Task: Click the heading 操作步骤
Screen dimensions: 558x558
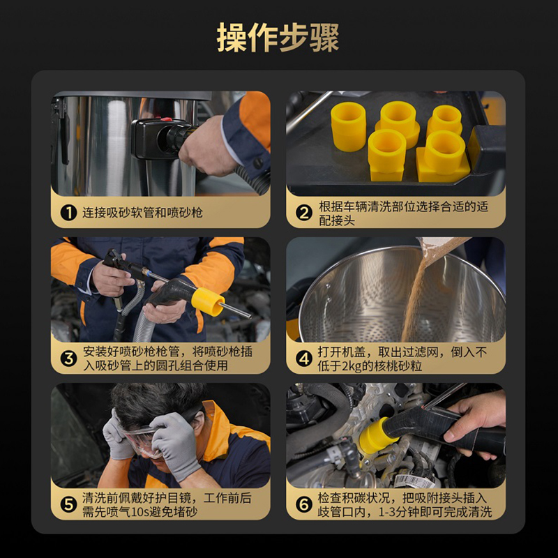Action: coord(278,38)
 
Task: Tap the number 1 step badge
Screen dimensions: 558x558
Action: coord(68,213)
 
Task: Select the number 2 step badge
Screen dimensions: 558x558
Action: coord(304,213)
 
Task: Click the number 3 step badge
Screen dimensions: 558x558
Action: coord(68,359)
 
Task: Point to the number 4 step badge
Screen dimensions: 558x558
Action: coord(304,359)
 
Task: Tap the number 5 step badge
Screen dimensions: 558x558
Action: coord(68,504)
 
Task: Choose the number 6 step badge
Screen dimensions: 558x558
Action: coord(304,504)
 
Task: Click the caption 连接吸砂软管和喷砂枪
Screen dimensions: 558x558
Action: coord(143,213)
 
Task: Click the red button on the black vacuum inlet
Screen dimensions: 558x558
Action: coord(166,119)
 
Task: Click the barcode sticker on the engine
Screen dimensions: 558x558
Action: coord(413,481)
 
